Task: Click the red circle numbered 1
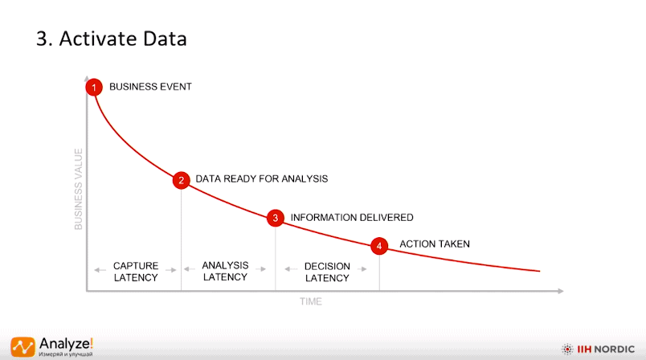94,88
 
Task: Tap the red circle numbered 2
182,181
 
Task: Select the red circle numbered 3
276,218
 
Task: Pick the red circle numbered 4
379,246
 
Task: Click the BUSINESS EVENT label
150,87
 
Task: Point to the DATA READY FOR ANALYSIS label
262,178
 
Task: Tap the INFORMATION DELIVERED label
352,218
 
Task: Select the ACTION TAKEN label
435,243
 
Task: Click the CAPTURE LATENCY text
136,272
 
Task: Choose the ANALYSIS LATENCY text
225,271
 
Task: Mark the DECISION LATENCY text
327,272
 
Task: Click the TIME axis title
311,301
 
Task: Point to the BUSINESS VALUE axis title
78,189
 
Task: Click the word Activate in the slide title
98,39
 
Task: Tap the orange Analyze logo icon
23,347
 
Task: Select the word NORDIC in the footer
615,350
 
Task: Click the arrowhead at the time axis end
561,291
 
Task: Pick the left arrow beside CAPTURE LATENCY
100,270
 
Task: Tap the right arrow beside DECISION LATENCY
362,269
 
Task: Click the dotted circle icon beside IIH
567,350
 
